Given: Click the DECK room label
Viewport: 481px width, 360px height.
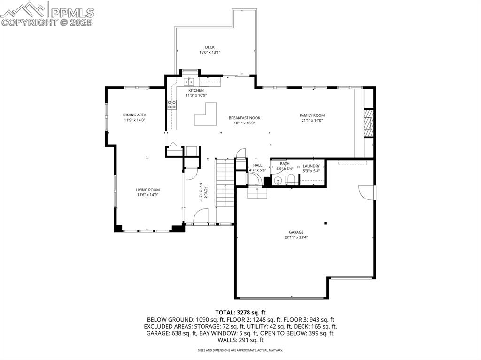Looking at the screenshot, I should [x=209, y=47].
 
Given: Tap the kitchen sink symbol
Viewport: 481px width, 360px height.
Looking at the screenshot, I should [x=188, y=82].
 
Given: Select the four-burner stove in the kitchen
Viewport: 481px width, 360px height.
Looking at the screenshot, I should [x=172, y=104].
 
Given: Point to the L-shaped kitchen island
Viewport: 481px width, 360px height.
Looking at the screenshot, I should [x=205, y=115].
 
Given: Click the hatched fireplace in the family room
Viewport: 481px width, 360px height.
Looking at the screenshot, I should [x=369, y=123].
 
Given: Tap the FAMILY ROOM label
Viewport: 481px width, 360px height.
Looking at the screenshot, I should [x=312, y=115].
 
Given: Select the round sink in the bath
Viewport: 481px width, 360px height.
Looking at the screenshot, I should [x=278, y=180].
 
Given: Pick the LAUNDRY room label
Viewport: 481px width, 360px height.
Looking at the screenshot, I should [x=311, y=166].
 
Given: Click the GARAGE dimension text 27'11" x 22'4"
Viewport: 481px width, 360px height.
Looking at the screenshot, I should [x=296, y=237].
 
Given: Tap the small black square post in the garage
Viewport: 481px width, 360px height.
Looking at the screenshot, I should [x=326, y=223].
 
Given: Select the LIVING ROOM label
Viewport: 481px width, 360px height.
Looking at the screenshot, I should [x=148, y=190].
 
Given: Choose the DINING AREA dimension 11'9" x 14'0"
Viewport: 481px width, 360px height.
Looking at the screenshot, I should [x=135, y=120].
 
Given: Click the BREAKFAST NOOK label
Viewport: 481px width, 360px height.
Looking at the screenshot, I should [x=244, y=118].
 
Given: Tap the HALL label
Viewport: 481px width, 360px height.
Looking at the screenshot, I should [x=257, y=165].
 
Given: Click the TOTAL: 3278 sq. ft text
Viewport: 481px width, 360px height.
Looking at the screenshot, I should [x=240, y=312].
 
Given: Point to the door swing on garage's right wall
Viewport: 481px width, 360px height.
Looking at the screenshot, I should [x=367, y=192].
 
